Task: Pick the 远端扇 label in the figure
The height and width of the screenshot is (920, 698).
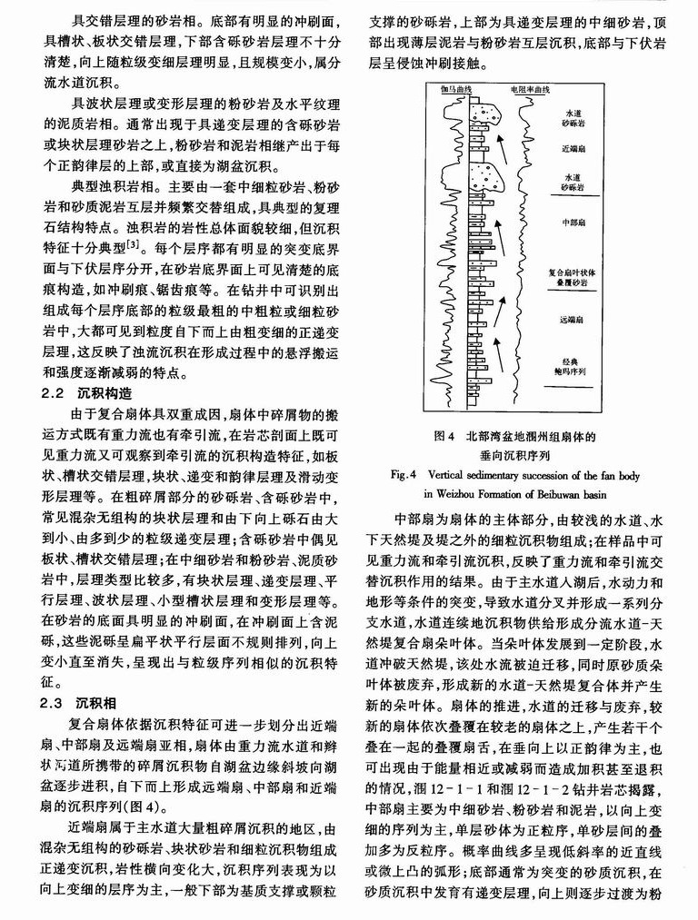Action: [572, 320]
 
